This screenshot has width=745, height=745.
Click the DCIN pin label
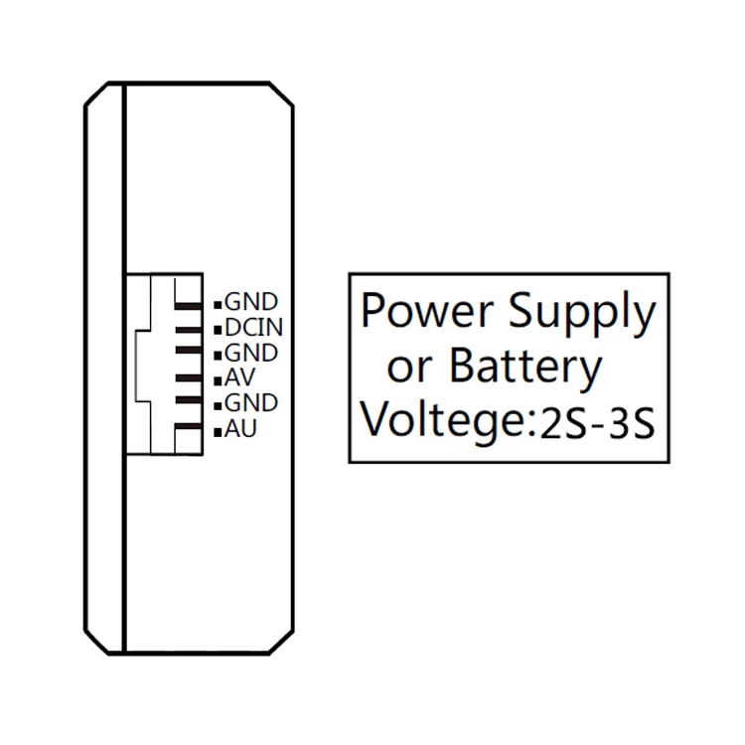click(x=253, y=327)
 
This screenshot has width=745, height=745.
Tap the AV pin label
click(x=241, y=378)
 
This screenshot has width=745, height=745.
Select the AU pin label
click(x=242, y=430)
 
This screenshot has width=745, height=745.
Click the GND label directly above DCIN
click(x=251, y=301)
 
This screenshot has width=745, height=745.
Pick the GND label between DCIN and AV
click(x=251, y=353)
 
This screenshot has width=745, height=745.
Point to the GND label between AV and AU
click(x=251, y=404)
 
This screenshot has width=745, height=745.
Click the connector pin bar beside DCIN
click(x=187, y=327)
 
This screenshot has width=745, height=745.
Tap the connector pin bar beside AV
click(x=187, y=378)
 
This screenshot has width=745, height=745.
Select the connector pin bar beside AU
click(x=187, y=429)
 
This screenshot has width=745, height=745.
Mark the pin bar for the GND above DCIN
click(x=187, y=301)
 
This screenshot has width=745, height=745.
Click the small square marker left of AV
click(x=218, y=380)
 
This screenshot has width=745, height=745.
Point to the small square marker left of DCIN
click(x=218, y=329)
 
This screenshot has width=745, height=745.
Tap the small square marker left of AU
click(x=218, y=432)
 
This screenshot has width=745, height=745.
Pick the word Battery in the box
click(x=525, y=368)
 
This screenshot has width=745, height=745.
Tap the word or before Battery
click(x=408, y=370)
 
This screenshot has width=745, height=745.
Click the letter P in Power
click(x=372, y=311)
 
